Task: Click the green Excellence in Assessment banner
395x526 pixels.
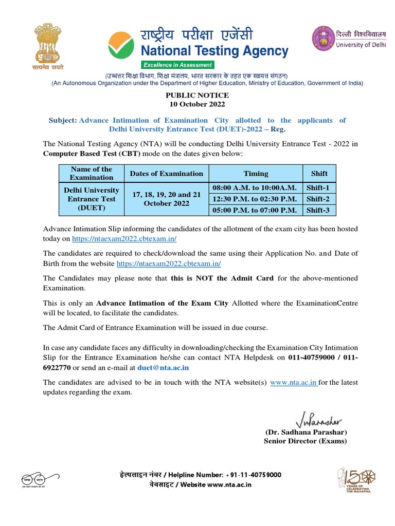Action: click(x=177, y=65)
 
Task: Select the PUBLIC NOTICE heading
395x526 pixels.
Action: click(x=197, y=95)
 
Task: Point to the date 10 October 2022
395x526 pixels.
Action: click(x=197, y=104)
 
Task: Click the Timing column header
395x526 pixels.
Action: click(x=256, y=174)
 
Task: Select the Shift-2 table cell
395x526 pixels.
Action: click(x=317, y=199)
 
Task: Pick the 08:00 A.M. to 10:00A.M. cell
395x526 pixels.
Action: click(x=256, y=188)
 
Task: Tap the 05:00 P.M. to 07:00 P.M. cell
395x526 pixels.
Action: click(x=256, y=210)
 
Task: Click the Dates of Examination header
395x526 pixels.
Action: click(x=167, y=174)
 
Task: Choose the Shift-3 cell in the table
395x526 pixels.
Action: click(x=317, y=210)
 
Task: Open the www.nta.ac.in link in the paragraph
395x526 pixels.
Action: click(x=293, y=383)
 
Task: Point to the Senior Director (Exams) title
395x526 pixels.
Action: click(x=306, y=441)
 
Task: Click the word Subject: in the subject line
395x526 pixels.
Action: click(x=62, y=120)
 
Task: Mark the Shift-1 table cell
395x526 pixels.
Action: click(x=317, y=188)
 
